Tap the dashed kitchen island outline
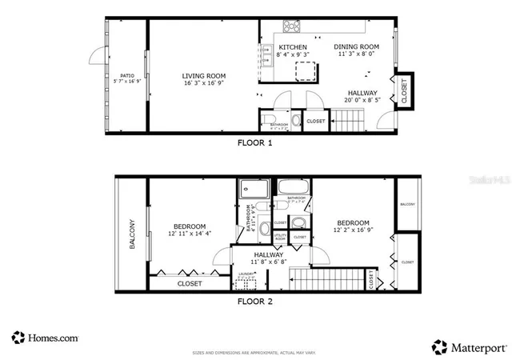305,72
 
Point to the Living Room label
202,77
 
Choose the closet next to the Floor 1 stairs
315,121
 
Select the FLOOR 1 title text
255,143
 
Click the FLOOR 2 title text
255,302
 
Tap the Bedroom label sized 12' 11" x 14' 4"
189,226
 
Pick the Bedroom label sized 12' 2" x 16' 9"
352,223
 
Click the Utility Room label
280,238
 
